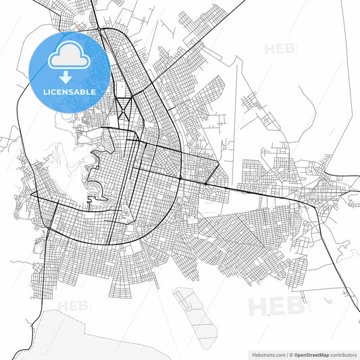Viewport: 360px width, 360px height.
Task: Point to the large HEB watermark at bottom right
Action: (x=274, y=306)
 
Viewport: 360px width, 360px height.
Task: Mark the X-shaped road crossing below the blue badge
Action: (x=123, y=107)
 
